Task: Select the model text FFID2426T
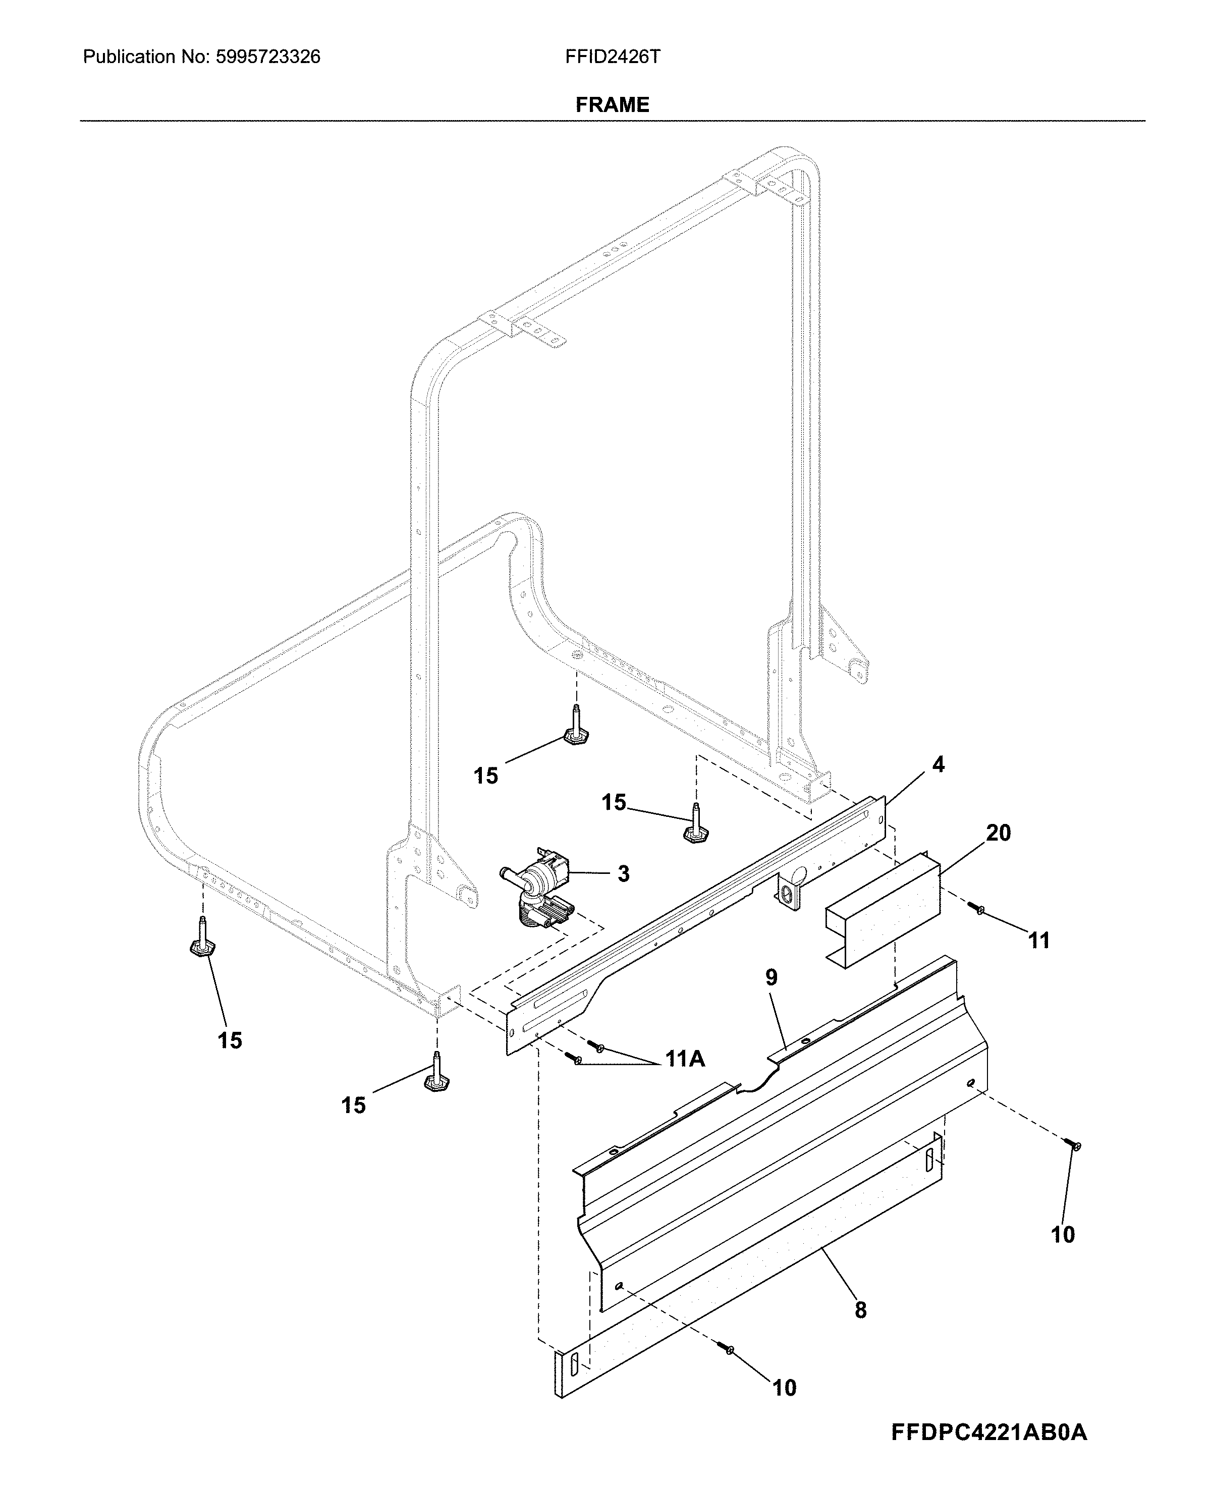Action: click(613, 57)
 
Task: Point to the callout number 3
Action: click(623, 873)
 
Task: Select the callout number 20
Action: click(998, 833)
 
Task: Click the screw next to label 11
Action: click(979, 909)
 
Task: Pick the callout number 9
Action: click(771, 977)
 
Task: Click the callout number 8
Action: click(861, 1310)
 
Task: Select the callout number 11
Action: click(1038, 941)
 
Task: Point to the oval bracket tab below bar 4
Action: click(788, 894)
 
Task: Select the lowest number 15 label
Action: click(353, 1105)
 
